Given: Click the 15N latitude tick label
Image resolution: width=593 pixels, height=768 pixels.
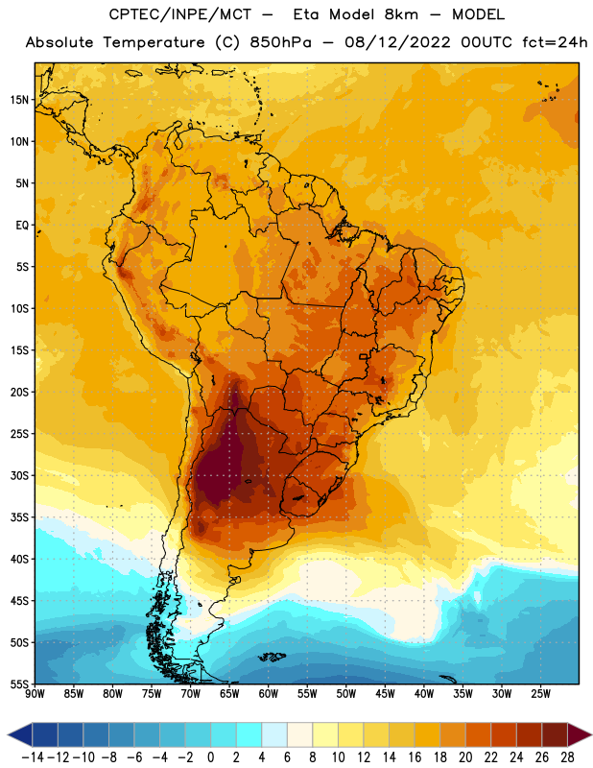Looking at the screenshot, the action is pos(19,100).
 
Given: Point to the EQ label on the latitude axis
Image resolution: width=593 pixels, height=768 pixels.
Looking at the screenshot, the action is pos(22,226).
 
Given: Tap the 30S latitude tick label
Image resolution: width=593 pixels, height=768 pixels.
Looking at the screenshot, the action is pos(19,475).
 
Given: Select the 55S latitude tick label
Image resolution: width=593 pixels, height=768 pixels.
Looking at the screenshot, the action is pos(19,684).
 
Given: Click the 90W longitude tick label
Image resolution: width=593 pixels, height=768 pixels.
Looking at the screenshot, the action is pos(36,694).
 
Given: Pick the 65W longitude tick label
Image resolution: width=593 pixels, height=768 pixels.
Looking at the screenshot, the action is pos(229,694).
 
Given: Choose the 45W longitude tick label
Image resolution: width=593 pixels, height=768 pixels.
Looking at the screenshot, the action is pos(385,694).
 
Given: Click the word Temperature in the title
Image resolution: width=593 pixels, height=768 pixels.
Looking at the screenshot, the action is pos(154,42).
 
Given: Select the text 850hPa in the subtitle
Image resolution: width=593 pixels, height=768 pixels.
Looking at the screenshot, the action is pos(280,42).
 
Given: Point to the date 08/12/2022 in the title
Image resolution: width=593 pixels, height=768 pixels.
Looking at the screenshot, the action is pos(397,42).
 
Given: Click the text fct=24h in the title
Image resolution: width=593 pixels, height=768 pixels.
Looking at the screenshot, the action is pos(555,42).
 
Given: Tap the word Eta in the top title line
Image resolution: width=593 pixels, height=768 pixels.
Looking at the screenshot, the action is pos(305,14).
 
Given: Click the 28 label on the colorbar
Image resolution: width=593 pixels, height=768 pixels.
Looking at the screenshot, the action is pos(567,757).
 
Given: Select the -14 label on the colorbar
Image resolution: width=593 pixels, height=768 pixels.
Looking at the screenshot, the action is pos(33,757).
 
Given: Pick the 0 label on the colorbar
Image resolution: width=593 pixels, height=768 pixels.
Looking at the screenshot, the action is pos(210,757).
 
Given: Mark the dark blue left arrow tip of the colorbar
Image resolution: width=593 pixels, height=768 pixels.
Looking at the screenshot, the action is pos(8,734).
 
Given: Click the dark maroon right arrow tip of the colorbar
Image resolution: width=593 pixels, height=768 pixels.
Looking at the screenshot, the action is pos(591,734).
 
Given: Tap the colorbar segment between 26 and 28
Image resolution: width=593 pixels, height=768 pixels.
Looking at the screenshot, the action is pos(555,734).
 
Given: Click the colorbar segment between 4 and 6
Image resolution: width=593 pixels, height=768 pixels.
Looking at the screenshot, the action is pos(274,734).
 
